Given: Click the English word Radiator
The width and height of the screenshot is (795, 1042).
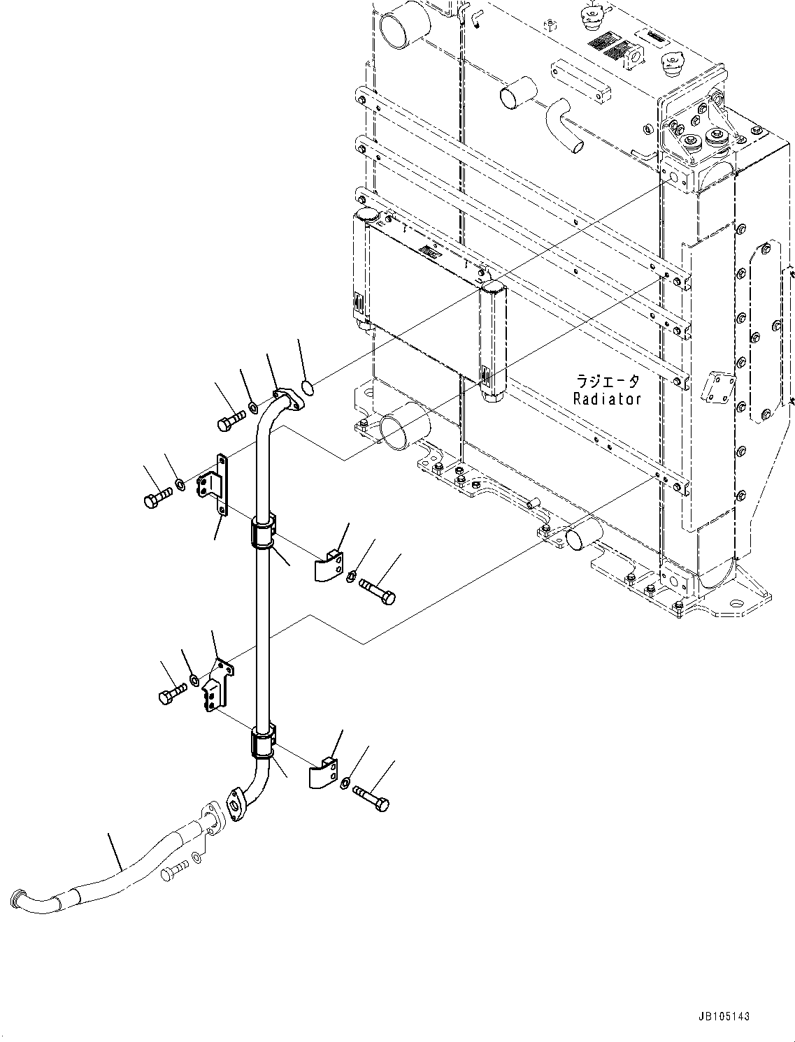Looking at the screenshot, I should coord(606,399).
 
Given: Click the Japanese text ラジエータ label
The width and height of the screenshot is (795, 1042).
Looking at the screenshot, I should coord(606,382).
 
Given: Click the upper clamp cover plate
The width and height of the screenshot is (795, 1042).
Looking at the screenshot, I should coord(326,567).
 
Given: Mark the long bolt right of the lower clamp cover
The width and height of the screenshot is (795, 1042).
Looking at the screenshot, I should coord(371,797).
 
